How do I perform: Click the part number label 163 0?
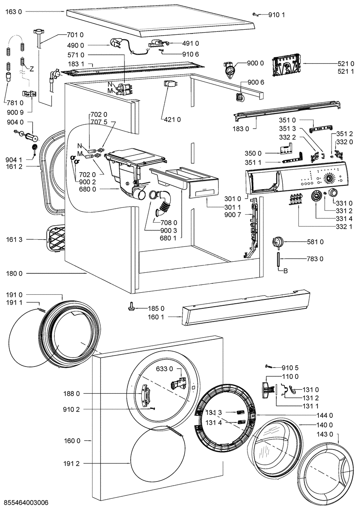(x=13, y=12)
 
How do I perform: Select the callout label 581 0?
(x=315, y=242)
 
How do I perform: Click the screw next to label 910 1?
(x=256, y=14)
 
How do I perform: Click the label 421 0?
(x=172, y=120)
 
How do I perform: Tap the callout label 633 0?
(x=165, y=369)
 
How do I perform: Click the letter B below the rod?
(x=285, y=271)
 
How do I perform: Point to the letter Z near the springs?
(x=31, y=68)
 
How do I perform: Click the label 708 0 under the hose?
(x=169, y=222)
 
